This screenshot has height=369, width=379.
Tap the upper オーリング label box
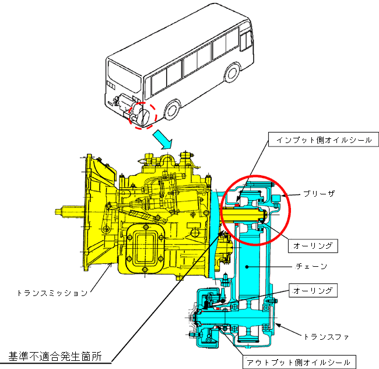314,246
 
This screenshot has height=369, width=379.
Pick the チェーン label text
311,267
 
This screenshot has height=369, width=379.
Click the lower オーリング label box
314,290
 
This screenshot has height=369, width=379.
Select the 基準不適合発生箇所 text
56,354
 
